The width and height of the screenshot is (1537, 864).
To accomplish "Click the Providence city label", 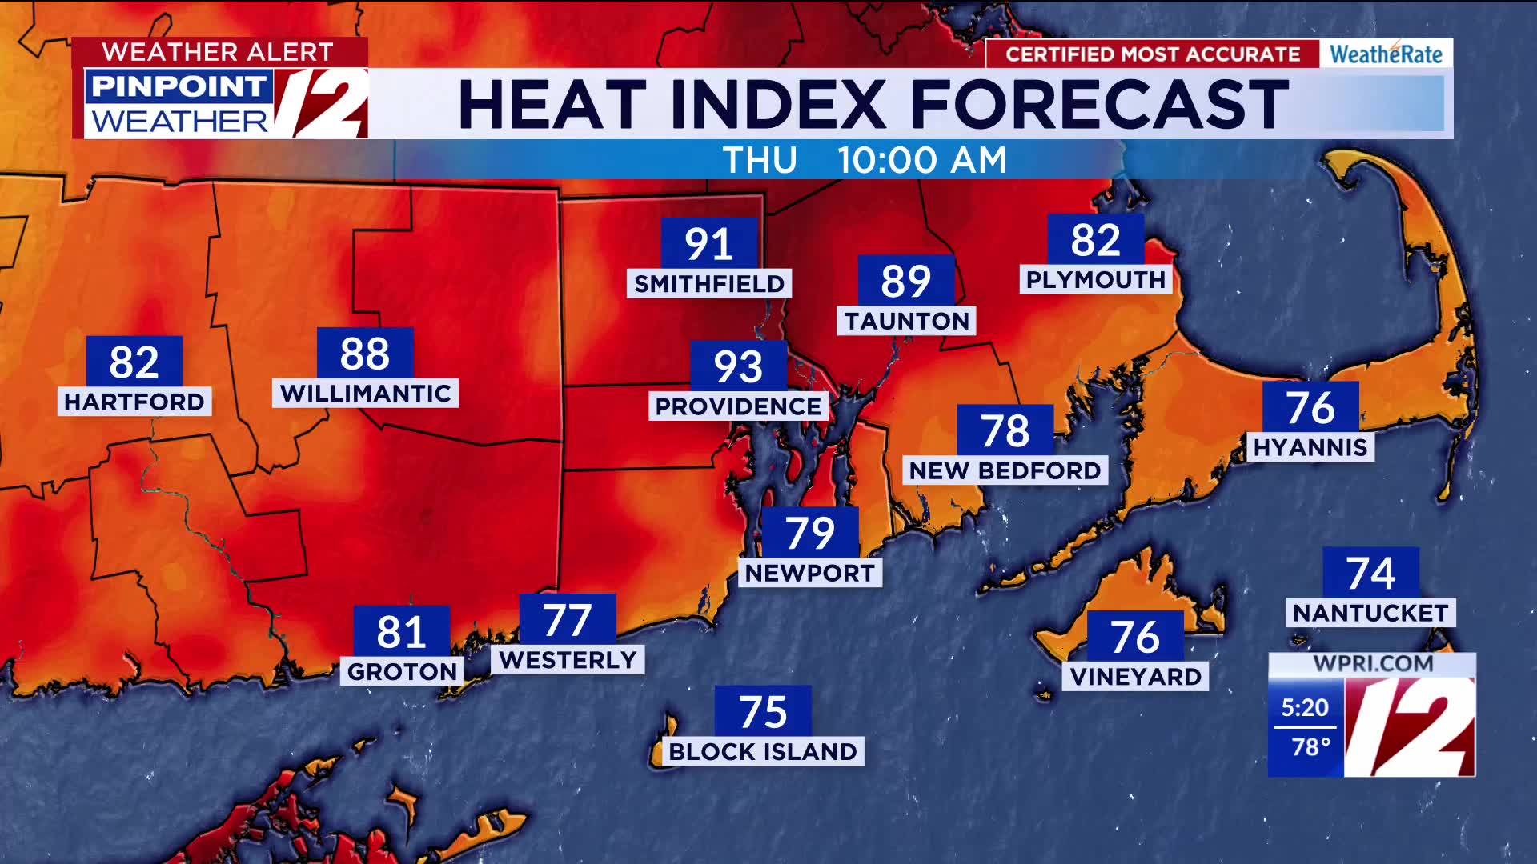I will point(737,406).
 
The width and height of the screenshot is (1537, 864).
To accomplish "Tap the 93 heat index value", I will point(738,366).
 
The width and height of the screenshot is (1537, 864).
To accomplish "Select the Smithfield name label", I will point(709,284).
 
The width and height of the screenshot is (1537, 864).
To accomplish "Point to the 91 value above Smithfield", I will point(708,244).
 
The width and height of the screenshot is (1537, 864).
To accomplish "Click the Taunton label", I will point(906,322).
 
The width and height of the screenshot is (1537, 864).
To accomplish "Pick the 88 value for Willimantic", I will point(365,354).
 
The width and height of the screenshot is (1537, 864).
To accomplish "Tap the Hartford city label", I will point(134,402).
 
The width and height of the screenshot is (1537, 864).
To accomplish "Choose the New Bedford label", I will point(1005,470).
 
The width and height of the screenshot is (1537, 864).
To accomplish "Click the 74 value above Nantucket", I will point(1370,573).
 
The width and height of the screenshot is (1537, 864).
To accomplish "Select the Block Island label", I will point(763,752).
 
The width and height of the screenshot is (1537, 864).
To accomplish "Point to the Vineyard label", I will point(1135,677).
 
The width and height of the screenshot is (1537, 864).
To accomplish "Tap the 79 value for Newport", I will point(810,533).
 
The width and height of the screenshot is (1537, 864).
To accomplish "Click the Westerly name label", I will point(568,660).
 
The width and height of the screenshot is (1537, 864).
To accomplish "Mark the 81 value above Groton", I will point(401,632).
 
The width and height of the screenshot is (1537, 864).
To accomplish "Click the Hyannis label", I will point(1310,447).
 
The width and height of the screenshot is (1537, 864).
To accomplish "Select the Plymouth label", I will point(1096,280).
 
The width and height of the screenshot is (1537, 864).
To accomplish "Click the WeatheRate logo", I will point(1386,54).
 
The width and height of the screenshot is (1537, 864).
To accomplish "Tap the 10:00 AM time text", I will point(921,161).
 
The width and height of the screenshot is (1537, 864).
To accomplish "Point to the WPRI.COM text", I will point(1373,664).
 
